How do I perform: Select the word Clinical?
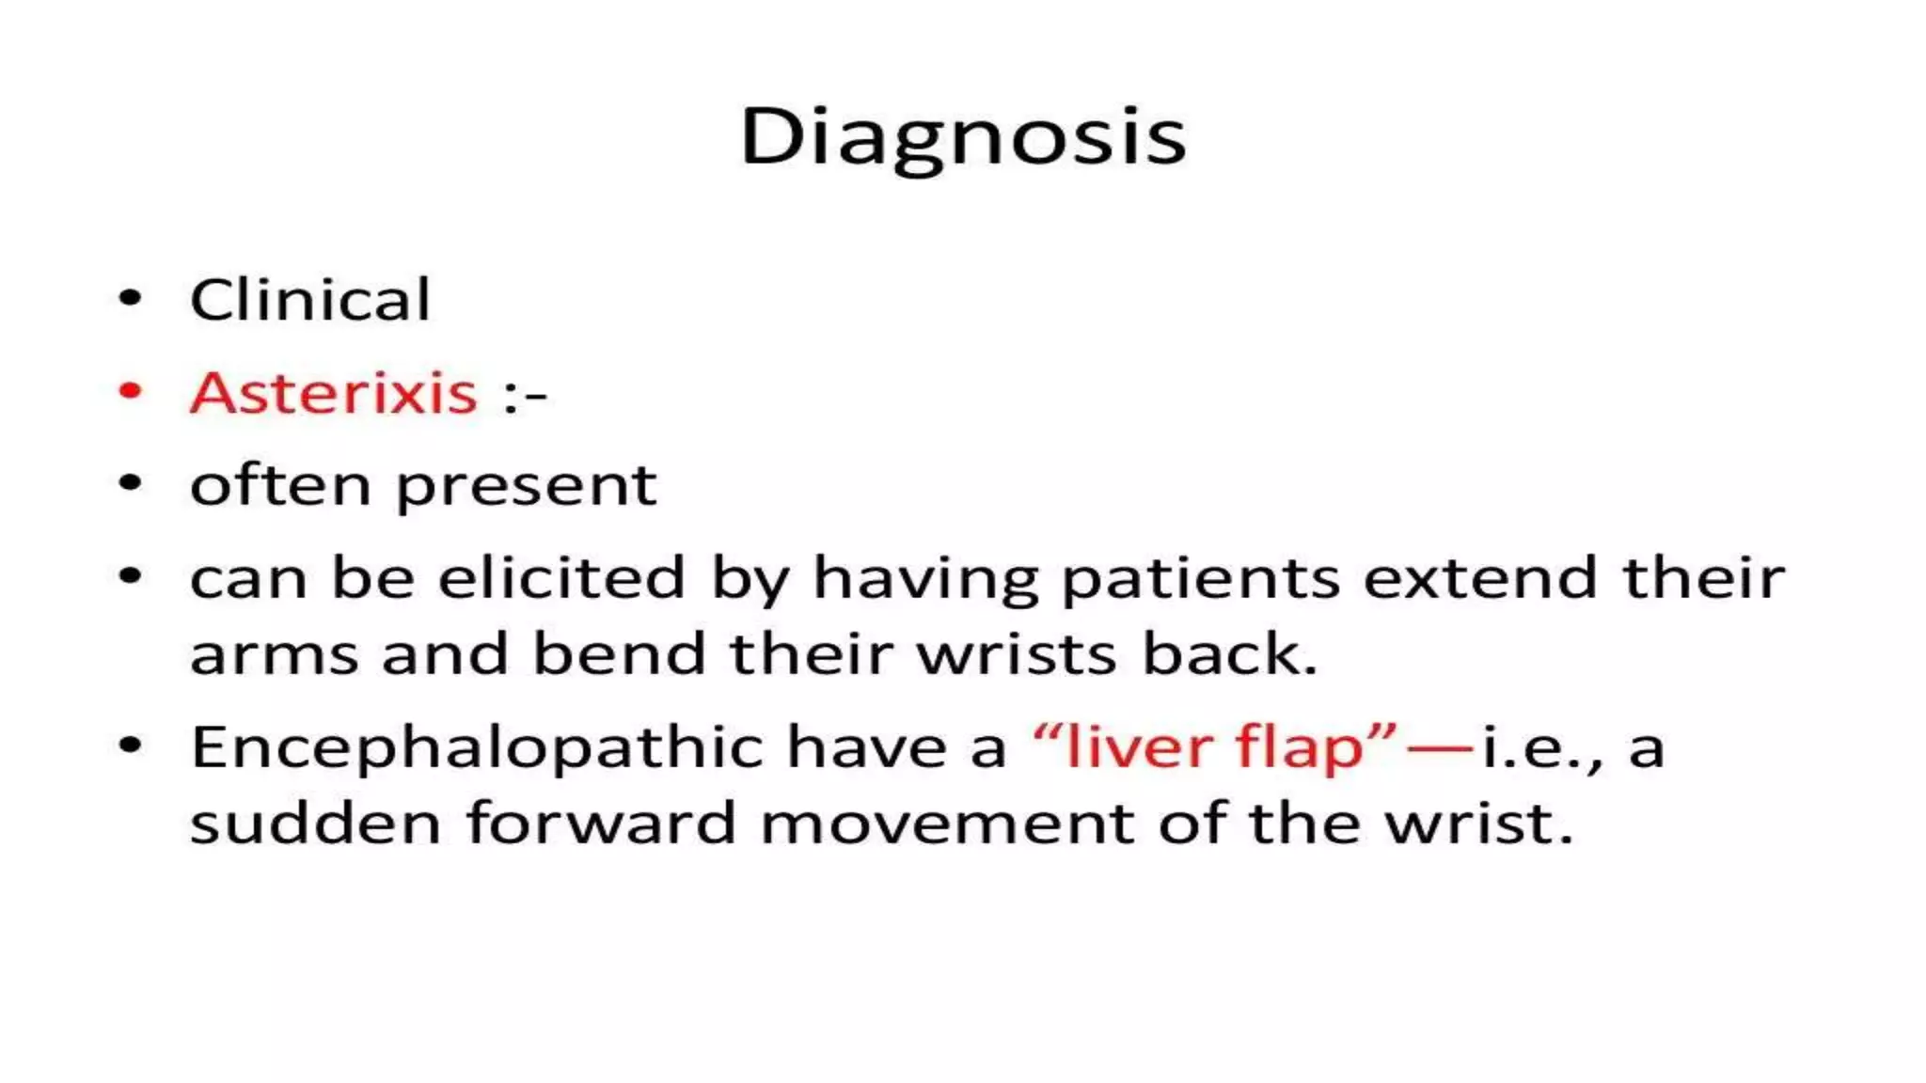[310, 301]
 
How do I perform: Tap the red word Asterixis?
[334, 392]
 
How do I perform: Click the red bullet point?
[131, 391]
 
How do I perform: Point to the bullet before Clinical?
[131, 299]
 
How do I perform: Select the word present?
[527, 487]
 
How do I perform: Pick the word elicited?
[561, 577]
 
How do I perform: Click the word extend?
[1480, 577]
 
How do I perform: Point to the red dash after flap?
[1439, 748]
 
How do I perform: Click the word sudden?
[316, 824]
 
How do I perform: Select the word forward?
[601, 824]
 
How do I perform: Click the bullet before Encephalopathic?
[131, 746]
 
